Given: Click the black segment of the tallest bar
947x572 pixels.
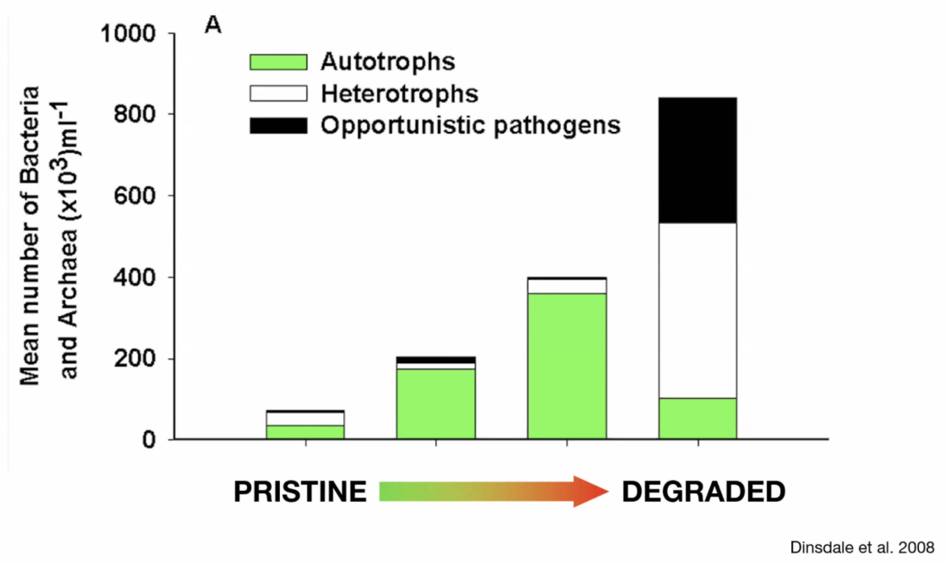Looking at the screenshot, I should click(x=698, y=161).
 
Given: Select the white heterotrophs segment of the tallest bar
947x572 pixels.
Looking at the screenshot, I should click(x=698, y=310).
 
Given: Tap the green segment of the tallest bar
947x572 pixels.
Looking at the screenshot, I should click(x=698, y=418).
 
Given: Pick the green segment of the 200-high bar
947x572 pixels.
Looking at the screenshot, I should click(x=436, y=403).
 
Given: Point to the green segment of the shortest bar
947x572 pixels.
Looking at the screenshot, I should click(x=305, y=432).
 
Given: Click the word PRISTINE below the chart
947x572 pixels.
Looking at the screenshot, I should click(x=300, y=492).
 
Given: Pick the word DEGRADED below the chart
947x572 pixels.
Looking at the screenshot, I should click(x=703, y=492).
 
